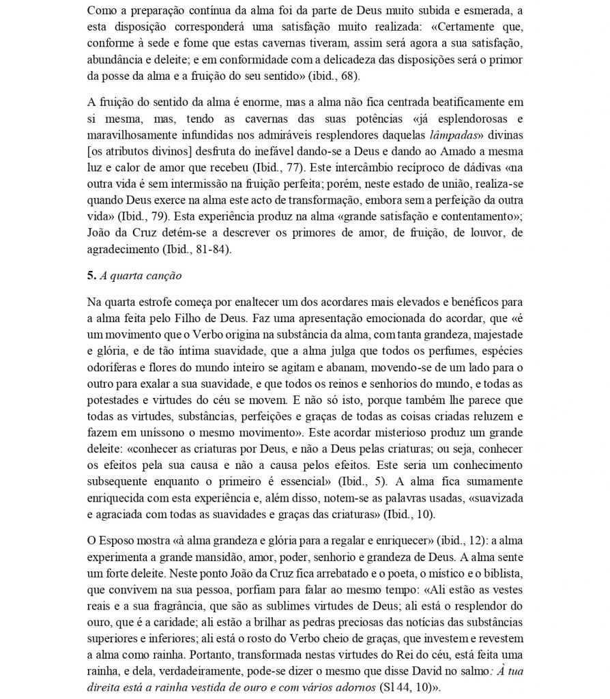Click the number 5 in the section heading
[x=91, y=276]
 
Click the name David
[x=456, y=670]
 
